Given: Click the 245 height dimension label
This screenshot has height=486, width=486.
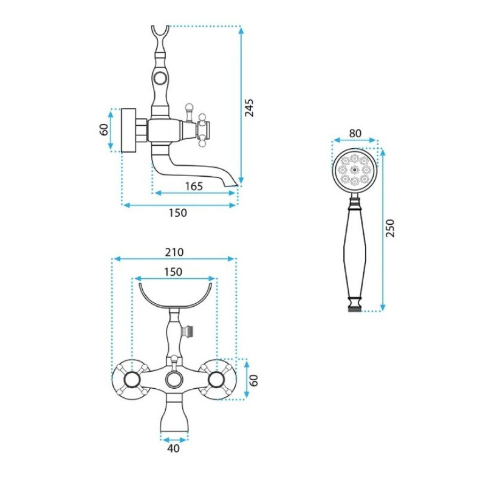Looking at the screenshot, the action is coord(249,108).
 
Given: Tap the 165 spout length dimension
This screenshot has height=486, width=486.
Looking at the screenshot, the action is coord(194,187).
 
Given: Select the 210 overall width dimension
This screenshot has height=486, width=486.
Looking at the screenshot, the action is coord(174,252).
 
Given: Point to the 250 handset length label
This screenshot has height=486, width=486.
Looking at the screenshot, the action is coord(390,228).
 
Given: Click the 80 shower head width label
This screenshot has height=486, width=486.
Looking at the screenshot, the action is coord(355,133).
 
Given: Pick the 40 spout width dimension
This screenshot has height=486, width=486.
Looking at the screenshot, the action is coord(173,448).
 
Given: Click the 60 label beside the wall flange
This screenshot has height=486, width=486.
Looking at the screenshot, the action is coord(104,129).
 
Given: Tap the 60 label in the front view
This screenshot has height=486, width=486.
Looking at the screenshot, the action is coord(253,380).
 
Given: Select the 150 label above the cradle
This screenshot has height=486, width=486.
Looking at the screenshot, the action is coord(173,272).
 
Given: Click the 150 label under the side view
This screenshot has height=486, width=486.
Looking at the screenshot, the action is coord(177,213).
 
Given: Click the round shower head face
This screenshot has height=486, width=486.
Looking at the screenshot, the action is coord(355,170).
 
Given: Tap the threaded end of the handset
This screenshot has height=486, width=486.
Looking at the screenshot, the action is coord(355,309).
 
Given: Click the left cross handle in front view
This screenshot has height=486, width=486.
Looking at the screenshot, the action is coord(131,379).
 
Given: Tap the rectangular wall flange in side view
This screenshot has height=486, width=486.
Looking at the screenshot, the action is coord(128,130).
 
